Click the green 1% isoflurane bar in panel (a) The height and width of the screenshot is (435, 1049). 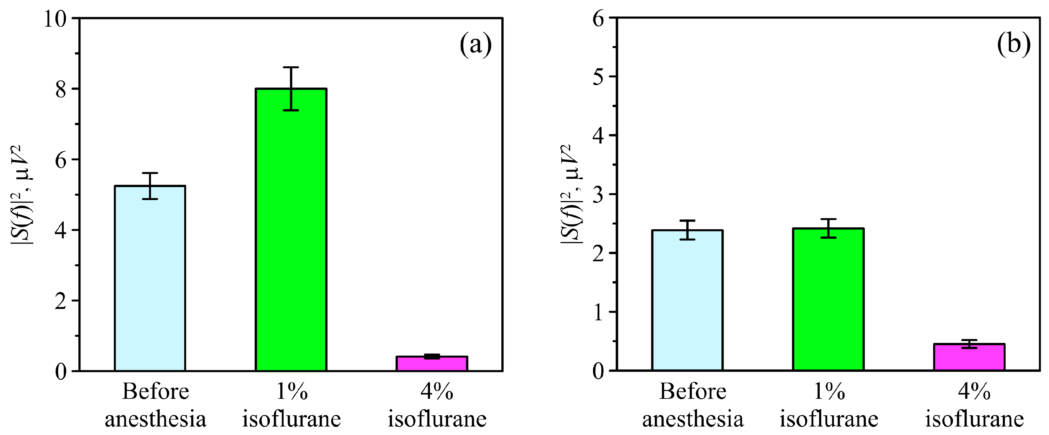point(291,244)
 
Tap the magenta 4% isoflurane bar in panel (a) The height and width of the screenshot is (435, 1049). point(432,364)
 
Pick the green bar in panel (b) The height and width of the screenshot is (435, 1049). point(828,302)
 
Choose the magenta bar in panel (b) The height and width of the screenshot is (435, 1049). point(969,358)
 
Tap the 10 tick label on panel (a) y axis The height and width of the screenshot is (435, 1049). point(55,19)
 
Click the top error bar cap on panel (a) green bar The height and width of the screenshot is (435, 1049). point(291,67)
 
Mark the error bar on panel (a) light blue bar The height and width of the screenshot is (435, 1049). point(150,185)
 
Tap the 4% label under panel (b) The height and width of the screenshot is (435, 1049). point(974,392)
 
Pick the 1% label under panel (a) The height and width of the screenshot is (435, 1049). point(291,392)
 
